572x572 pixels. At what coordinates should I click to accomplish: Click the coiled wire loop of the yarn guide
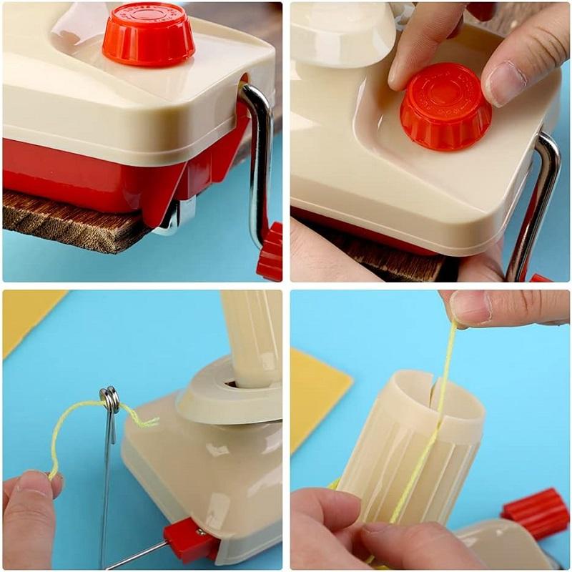pyautogui.click(x=110, y=399)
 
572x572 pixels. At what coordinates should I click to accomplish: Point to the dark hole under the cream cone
pyautogui.click(x=231, y=383)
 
